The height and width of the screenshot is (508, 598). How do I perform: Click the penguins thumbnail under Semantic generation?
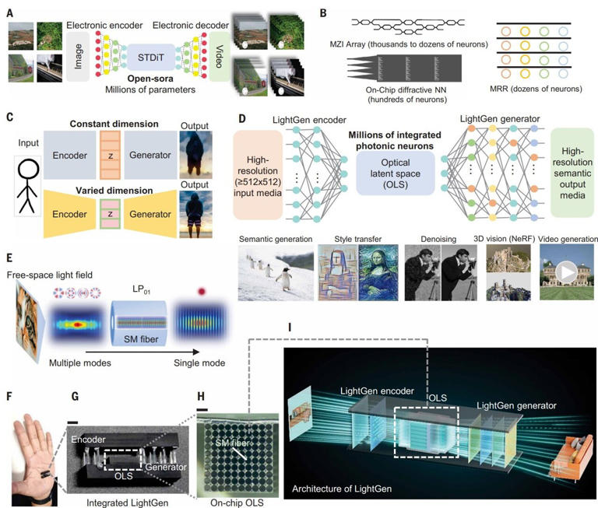(x=274, y=272)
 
